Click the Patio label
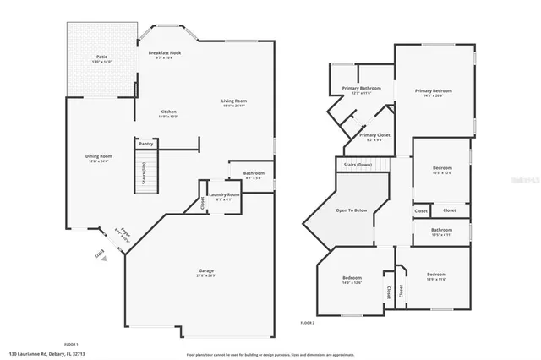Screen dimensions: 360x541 [x=101, y=59]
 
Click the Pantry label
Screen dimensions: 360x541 [x=145, y=144]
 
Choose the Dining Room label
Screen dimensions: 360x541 [x=99, y=157]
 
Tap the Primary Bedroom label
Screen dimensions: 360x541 [x=433, y=92]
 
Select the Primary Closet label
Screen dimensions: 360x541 [x=374, y=137]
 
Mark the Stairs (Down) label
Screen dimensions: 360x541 [x=358, y=164]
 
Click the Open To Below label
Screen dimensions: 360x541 [x=352, y=210]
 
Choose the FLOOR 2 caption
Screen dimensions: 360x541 [x=307, y=323]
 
